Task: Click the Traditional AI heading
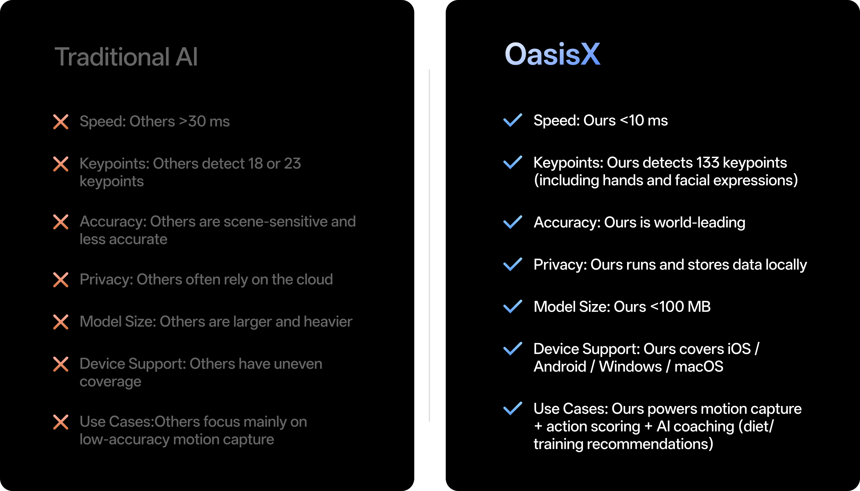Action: coord(126,57)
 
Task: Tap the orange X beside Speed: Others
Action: coord(61,122)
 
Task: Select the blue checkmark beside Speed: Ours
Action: coord(512,120)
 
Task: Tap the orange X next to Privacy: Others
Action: coord(61,280)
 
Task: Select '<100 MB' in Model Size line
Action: coord(680,307)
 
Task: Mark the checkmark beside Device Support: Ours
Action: coord(512,349)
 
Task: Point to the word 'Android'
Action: coord(560,367)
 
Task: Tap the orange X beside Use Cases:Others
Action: coord(61,422)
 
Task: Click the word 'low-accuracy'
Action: coord(124,439)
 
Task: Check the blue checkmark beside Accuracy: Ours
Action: coord(512,222)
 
